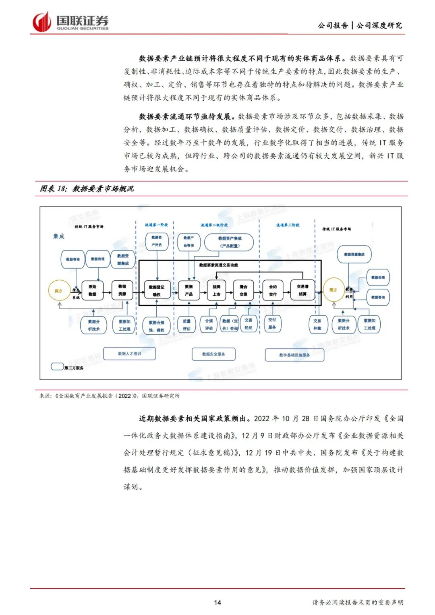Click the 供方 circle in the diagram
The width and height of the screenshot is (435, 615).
59,290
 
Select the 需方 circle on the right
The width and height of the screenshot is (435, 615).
333,290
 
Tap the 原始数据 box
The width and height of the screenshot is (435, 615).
92,290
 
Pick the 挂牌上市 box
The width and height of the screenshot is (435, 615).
216,290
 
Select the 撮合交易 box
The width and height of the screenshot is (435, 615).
243,290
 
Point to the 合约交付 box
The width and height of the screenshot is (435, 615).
273,290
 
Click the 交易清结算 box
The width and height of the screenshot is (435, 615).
302,290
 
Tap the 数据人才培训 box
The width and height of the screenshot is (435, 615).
129,354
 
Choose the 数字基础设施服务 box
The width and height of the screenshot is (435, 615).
294,355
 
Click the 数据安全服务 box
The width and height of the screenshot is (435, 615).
213,354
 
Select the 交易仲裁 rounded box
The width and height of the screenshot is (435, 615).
317,324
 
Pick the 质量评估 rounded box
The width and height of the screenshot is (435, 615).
186,325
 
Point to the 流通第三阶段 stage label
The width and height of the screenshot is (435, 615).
288,225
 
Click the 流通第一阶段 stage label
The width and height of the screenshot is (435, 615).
156,225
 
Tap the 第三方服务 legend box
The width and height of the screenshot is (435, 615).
57,367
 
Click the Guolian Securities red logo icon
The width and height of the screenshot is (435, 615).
42,22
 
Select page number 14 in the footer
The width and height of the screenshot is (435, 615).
217,603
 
